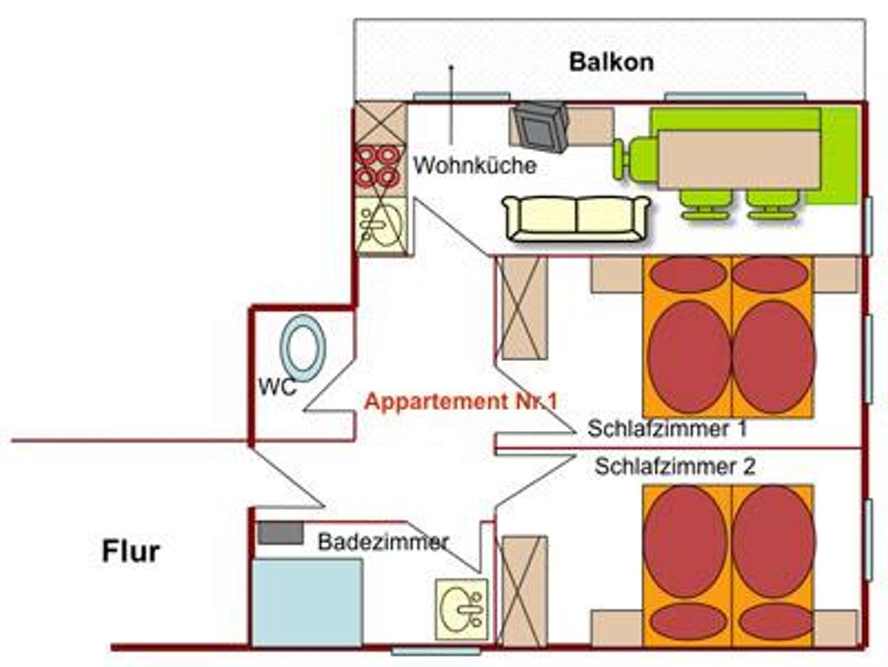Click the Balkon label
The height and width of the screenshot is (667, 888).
coord(611,62)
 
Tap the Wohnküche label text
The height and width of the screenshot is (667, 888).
coord(475,166)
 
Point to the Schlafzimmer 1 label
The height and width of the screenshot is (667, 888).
coord(667,428)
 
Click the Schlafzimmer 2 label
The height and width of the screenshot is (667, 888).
coord(675,467)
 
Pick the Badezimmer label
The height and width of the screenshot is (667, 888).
coord(383,542)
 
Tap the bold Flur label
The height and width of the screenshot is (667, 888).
coord(131,552)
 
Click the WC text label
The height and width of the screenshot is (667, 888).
coord(277,386)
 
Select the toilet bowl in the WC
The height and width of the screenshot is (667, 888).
coord(303,348)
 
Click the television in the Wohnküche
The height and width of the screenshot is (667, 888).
coord(540,127)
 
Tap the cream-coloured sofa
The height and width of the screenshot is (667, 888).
coord(576,218)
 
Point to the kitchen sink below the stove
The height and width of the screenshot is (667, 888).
coord(381,225)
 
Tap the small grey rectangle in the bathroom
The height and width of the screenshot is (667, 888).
coord(281,533)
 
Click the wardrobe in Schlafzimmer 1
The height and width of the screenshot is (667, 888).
coord(524,307)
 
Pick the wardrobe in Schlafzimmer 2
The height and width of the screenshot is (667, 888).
coord(524,590)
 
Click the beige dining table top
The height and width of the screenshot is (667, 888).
coord(739,159)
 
